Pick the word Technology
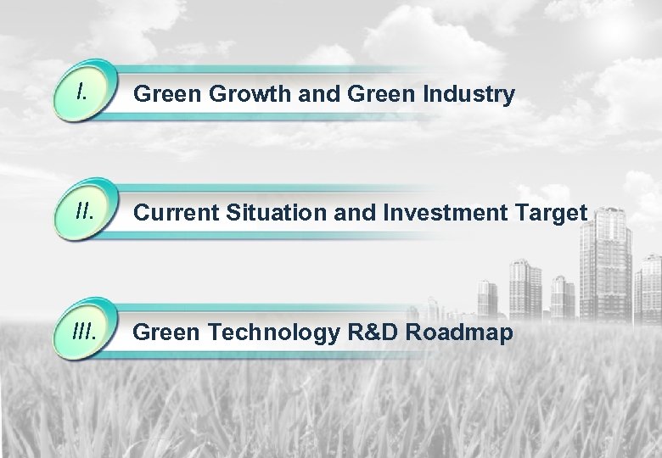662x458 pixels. (x=272, y=333)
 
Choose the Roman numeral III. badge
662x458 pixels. (x=84, y=330)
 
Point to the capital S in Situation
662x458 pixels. (x=230, y=214)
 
